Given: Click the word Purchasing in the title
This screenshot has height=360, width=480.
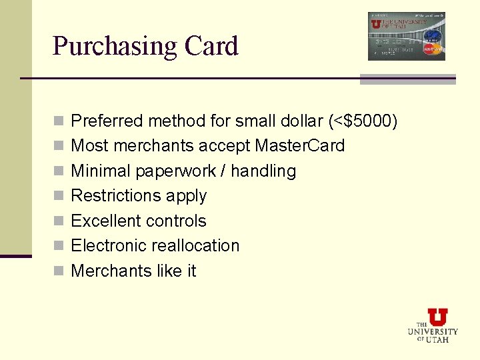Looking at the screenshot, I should click(114, 47).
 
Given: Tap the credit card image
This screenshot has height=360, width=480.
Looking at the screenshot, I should click(406, 36).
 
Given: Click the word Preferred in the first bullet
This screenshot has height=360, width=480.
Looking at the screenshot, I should click(107, 121).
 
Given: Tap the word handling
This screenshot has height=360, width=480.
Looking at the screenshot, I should click(266, 171).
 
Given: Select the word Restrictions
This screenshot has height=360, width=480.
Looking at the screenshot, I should click(116, 195).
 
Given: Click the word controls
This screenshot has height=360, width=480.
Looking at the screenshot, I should click(179, 221).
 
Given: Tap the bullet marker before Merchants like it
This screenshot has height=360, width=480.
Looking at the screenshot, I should click(59, 271).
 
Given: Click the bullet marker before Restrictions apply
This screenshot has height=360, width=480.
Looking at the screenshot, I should click(59, 196).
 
